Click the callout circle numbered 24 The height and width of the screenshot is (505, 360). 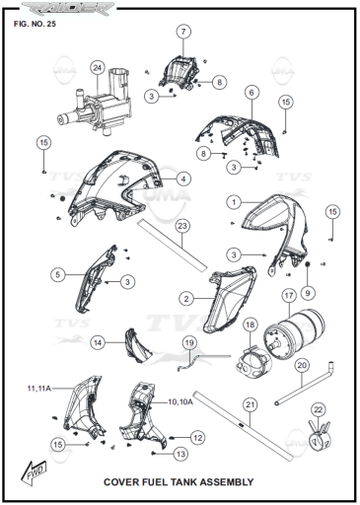[x=98, y=68]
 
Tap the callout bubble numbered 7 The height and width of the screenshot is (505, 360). [x=183, y=32]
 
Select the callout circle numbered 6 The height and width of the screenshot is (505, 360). [x=252, y=93]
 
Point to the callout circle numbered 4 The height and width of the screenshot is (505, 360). [x=183, y=180]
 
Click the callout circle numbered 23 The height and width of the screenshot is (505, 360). [x=182, y=226]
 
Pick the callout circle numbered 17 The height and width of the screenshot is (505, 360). [x=289, y=296]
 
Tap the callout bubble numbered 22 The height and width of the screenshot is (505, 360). [x=319, y=409]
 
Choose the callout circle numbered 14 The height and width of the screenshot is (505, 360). [x=98, y=343]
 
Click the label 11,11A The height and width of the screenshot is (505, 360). [x=39, y=389]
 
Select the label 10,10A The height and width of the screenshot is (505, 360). [x=180, y=401]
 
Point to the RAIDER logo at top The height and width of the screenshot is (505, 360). [x=68, y=8]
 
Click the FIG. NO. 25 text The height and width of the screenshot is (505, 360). [x=35, y=24]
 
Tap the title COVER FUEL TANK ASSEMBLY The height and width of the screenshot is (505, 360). [x=179, y=482]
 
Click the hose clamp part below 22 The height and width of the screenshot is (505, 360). [x=319, y=436]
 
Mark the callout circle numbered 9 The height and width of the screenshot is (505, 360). [x=308, y=293]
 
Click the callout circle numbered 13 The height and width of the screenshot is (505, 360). [x=180, y=455]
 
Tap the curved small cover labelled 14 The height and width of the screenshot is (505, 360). [x=137, y=345]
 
